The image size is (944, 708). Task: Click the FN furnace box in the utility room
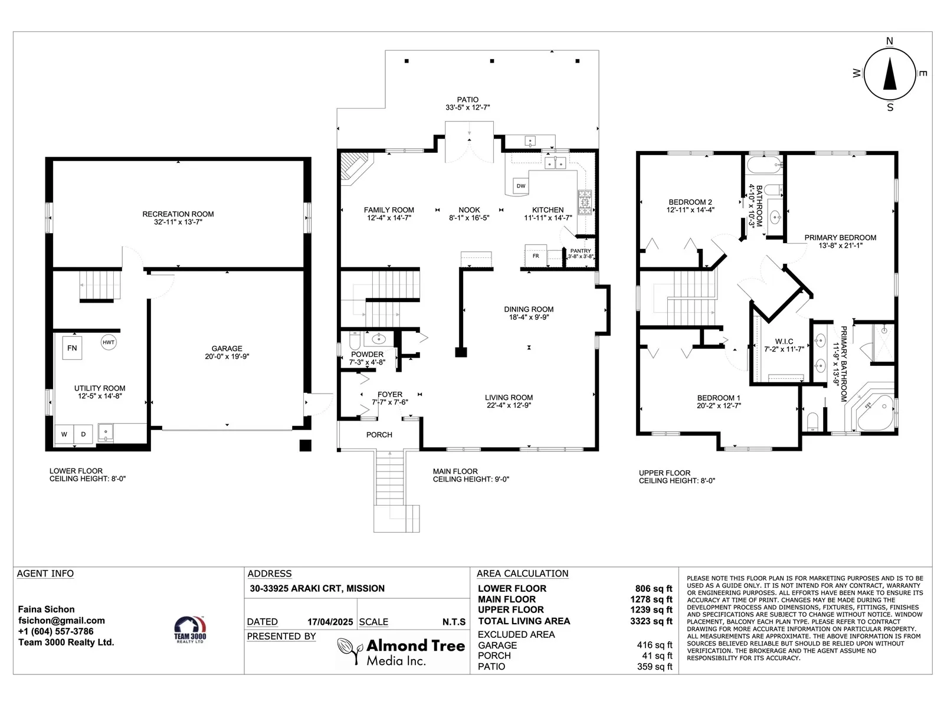[x=72, y=348]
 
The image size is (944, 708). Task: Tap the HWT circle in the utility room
[x=109, y=342]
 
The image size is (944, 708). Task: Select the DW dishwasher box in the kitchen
[x=521, y=186]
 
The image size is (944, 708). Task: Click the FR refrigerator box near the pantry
[x=536, y=256]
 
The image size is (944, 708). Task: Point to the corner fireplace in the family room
[x=355, y=168]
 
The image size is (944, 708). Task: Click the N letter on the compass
[x=889, y=41]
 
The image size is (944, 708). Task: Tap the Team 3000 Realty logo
[x=189, y=630]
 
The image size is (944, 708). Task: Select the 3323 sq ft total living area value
[x=651, y=621]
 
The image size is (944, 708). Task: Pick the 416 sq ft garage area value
[x=654, y=645]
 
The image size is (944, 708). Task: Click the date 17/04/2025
[x=330, y=622]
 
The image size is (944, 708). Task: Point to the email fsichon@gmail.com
[x=61, y=620]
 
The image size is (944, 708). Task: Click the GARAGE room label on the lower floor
[x=227, y=349]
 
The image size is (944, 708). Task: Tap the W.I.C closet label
[x=784, y=342]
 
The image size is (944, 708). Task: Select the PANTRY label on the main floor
[x=580, y=251]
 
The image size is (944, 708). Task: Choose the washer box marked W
[x=64, y=434]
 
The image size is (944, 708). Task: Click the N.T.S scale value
[x=454, y=622]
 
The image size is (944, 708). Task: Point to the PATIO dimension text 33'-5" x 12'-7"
[x=467, y=107]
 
